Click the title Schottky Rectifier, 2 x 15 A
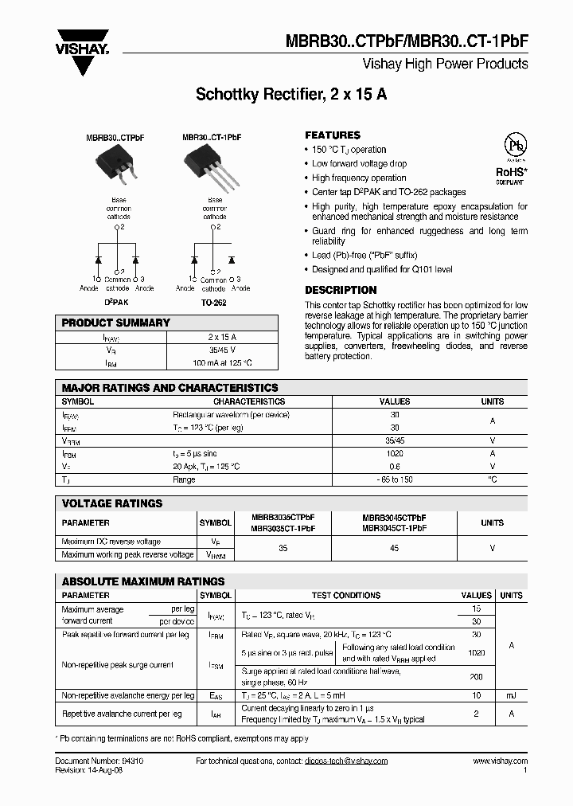point(291,95)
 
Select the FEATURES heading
point(333,135)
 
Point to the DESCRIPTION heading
point(341,290)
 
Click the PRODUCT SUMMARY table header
point(116,323)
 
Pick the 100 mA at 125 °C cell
point(222,362)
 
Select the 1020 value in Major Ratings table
point(394,453)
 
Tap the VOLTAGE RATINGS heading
point(112,503)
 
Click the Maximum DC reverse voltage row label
point(111,542)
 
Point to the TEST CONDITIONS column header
point(345,595)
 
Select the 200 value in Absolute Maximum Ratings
point(476,676)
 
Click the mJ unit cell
point(511,695)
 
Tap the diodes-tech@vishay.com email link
point(345,761)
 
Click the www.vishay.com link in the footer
point(500,761)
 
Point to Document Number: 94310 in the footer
point(99,761)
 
